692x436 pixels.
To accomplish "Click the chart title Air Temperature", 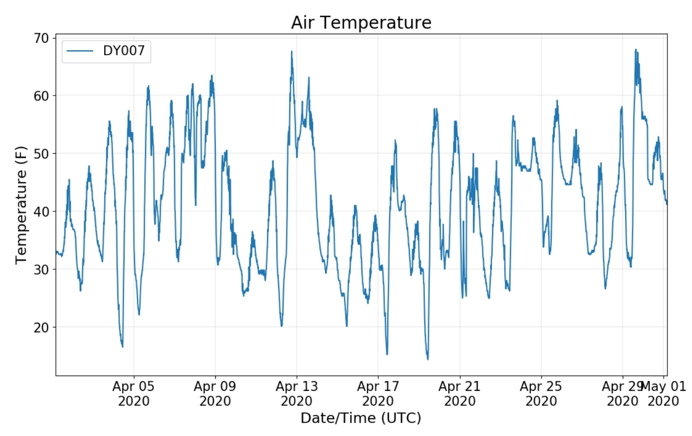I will (361, 23).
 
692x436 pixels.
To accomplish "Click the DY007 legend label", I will (124, 50).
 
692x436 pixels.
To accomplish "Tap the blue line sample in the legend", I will (79, 51).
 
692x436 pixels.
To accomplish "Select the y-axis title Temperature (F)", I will (21, 205).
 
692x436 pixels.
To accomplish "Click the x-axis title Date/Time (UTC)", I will (361, 418).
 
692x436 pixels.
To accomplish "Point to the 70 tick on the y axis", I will (41, 38).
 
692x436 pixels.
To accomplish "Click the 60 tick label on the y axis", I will (41, 96).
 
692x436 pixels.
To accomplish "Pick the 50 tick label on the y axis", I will (41, 154).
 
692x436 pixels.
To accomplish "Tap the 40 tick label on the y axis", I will (41, 211).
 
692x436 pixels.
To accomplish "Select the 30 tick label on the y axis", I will (41, 269).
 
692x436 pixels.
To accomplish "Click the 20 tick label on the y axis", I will (41, 327).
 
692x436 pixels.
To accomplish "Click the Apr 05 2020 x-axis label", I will (134, 393).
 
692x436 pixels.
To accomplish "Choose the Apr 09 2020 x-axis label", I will (215, 393).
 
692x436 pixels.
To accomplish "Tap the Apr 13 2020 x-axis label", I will (297, 393).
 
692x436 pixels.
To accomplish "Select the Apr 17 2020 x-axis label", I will (378, 393).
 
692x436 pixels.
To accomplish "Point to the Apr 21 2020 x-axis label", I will (459, 393).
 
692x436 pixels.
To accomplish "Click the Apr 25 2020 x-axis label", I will (541, 393).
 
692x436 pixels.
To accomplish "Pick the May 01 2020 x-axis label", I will (664, 393).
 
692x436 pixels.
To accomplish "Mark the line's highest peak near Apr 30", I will (635, 49).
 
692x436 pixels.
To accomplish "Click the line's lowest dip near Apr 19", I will (428, 359).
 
